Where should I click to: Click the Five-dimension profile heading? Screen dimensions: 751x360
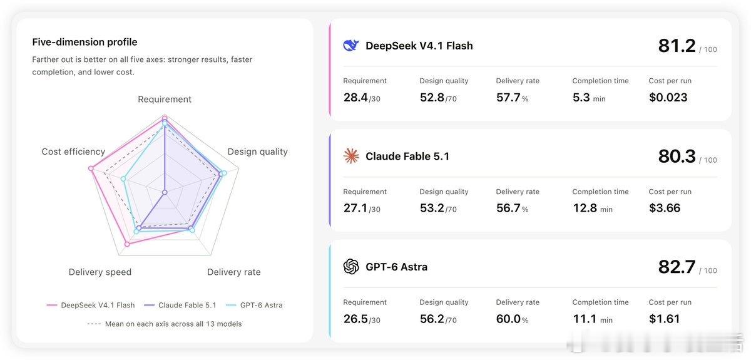tap(84, 42)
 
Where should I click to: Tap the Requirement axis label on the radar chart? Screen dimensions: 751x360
tap(165, 100)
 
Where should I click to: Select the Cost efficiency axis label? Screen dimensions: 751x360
tap(73, 152)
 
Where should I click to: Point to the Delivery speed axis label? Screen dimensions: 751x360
tap(100, 272)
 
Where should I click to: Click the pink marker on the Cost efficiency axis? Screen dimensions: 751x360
tap(91, 168)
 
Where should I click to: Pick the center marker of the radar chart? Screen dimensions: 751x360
tap(165, 192)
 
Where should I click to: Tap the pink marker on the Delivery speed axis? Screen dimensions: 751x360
tap(127, 244)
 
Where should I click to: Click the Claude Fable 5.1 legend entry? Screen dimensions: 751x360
tap(180, 306)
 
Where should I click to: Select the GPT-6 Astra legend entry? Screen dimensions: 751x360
tap(254, 306)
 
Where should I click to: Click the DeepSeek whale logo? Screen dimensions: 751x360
tap(350, 45)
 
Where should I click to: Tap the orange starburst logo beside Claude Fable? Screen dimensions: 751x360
tap(351, 156)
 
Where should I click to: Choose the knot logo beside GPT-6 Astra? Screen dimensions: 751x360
tap(351, 267)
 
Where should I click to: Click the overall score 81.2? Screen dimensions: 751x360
tap(677, 46)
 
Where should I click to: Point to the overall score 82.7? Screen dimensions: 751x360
tap(677, 267)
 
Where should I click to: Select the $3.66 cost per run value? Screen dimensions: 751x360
tap(665, 208)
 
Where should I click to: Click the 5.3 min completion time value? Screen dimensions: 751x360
tap(589, 98)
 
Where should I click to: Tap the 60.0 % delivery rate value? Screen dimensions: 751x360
tap(512, 319)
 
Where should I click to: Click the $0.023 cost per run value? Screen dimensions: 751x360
tap(668, 98)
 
